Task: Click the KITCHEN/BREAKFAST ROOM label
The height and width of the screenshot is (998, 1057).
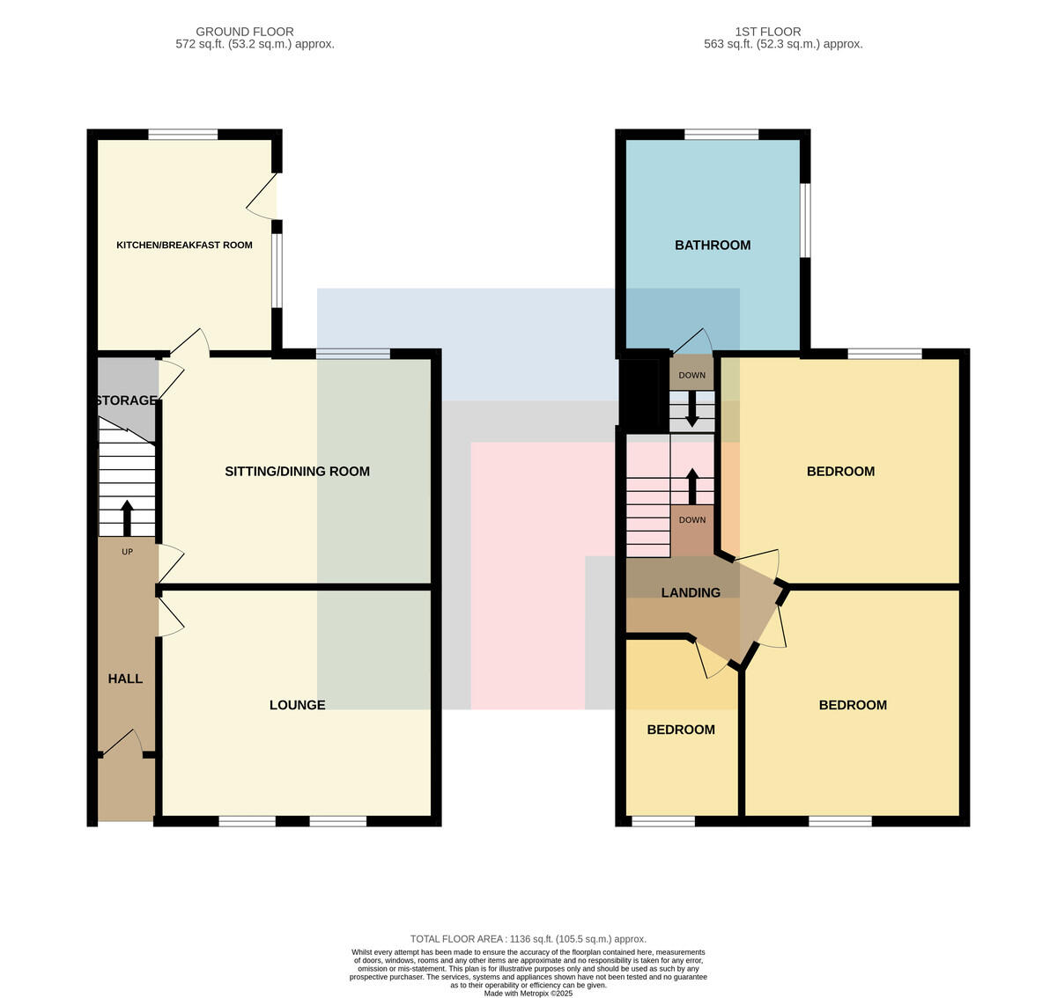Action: (184, 246)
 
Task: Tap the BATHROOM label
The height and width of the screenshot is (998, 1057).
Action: (713, 246)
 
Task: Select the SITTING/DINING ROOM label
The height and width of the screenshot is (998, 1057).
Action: (297, 472)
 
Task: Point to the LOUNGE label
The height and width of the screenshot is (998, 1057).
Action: (297, 705)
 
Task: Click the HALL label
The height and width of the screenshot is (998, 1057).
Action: (125, 679)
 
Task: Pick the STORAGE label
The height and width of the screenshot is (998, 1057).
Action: (127, 400)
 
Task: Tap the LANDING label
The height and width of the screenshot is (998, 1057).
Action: (691, 592)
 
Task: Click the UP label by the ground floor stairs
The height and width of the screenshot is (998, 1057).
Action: (127, 552)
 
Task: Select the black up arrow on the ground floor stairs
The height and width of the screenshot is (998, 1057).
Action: (127, 517)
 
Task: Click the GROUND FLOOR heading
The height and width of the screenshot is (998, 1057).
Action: (245, 32)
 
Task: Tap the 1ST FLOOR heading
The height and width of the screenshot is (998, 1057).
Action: (768, 32)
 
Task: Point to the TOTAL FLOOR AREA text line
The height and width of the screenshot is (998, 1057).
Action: (528, 939)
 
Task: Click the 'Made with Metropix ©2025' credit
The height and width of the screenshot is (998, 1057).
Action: (528, 994)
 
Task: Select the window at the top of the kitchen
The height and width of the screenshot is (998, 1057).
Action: (183, 134)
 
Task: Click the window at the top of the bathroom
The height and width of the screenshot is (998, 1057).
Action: (721, 134)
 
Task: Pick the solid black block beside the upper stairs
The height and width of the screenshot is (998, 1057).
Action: (645, 394)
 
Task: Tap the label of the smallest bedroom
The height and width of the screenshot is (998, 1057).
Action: (681, 730)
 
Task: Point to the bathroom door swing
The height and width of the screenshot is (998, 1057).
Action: (692, 341)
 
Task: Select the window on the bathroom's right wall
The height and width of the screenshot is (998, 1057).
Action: (805, 220)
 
